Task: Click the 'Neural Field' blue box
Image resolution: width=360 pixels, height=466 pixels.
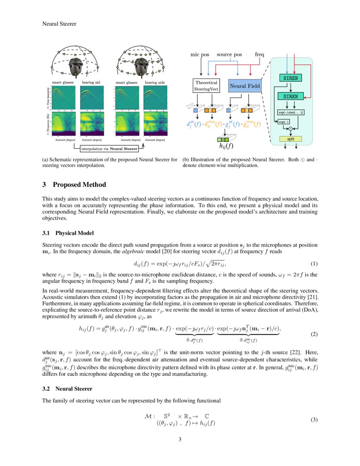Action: tap(244, 86)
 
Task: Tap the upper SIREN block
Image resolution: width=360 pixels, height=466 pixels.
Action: tap(290, 78)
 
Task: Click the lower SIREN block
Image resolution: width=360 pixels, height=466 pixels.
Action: tap(290, 96)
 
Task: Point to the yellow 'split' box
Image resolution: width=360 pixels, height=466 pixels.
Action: tap(290, 139)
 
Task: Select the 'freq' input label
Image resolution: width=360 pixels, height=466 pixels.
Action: tap(259, 55)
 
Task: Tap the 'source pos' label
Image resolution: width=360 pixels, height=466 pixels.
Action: tap(229, 55)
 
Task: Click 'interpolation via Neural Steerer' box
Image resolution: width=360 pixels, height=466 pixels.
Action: tap(109, 148)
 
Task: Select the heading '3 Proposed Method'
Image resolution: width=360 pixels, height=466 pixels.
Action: tap(74, 185)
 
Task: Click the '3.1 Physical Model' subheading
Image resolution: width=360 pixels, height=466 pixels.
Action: tap(68, 233)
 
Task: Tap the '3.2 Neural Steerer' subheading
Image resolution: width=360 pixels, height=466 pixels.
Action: tap(67, 388)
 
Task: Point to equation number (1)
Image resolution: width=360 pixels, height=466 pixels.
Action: tap(314, 264)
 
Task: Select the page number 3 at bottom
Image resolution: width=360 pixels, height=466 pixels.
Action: tap(180, 439)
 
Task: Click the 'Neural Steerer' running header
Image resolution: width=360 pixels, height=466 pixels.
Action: tap(59, 24)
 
